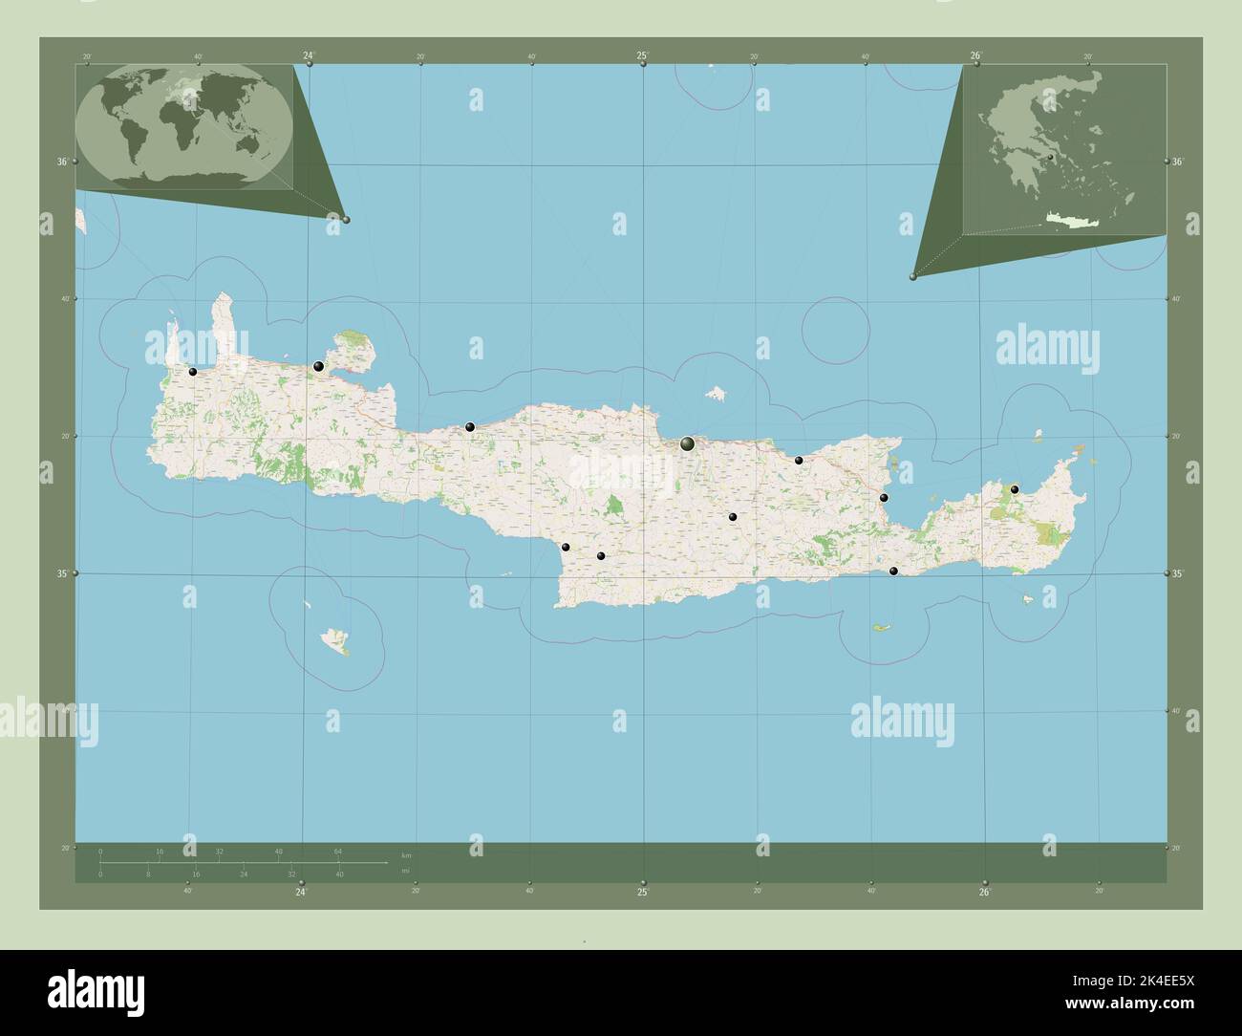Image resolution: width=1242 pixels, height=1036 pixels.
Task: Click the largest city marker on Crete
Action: [x=688, y=443]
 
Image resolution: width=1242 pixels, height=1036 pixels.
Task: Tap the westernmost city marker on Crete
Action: [x=193, y=372]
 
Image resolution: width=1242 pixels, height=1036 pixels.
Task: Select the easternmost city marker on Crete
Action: [x=1015, y=489]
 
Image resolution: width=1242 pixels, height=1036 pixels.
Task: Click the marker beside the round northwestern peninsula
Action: [x=319, y=366]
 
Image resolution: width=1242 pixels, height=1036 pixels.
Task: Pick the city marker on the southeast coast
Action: [x=893, y=571]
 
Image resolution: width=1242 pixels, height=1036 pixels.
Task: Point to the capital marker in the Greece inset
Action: [x=1049, y=157]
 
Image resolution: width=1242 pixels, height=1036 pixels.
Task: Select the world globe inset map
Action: [x=184, y=127]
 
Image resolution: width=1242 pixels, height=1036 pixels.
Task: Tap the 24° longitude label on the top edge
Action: [x=309, y=56]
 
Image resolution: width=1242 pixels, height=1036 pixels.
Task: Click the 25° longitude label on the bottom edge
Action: [x=643, y=893]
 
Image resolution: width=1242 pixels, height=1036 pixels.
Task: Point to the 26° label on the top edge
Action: [x=976, y=56]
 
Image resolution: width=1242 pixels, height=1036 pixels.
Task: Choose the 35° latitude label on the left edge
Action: [x=61, y=573]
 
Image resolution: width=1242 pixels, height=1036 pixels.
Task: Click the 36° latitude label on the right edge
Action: [x=1178, y=162]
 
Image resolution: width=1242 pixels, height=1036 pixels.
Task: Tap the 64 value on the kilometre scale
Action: [x=338, y=851]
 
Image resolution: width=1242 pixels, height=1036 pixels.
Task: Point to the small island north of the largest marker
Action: [x=715, y=393]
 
